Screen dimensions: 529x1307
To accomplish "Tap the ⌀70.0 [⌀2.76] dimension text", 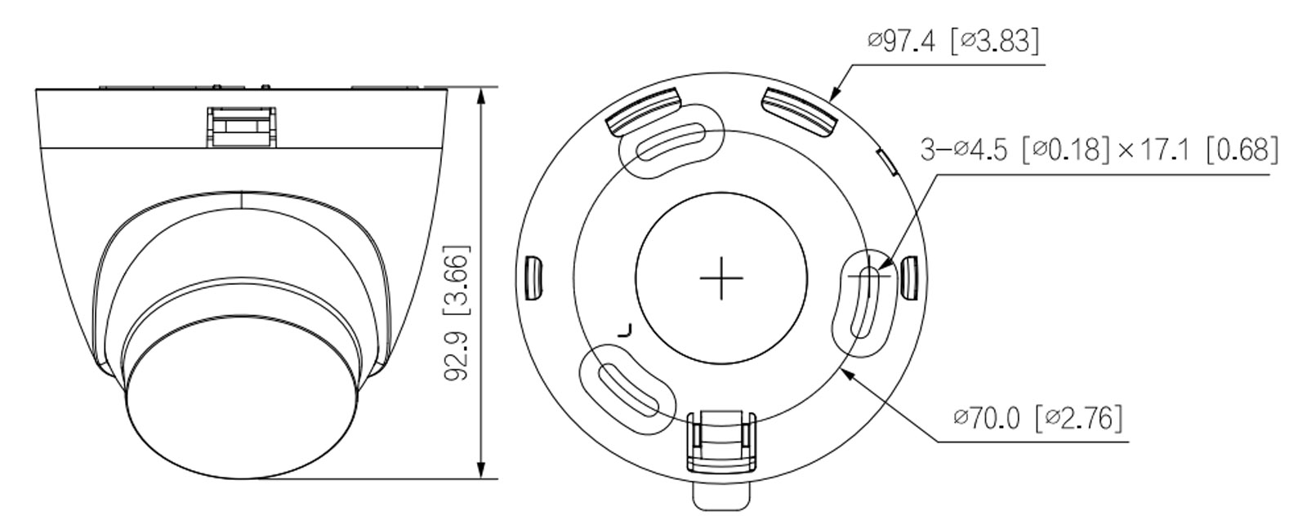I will [1037, 418].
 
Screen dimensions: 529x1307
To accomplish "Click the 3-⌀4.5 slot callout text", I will [1099, 149].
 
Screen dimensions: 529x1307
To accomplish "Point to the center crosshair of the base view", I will [721, 278].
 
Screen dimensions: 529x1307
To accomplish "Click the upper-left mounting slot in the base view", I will [671, 140].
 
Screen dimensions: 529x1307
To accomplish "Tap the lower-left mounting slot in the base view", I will [628, 389].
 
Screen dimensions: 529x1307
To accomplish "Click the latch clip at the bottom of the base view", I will [720, 441].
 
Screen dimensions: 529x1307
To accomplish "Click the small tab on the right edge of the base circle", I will [908, 278].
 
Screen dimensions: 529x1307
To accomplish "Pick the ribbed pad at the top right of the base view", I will [800, 110].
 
